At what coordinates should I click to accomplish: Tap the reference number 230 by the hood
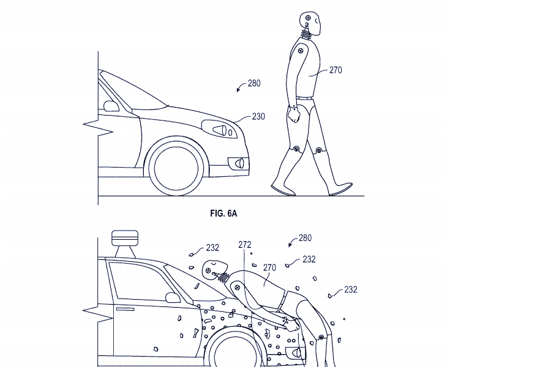click(258, 116)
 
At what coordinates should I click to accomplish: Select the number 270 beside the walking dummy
click(335, 70)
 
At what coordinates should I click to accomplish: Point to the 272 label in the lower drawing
click(245, 245)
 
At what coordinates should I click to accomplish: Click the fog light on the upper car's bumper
click(238, 163)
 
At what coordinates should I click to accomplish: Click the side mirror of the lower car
click(172, 298)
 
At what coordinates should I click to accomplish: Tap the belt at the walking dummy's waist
click(304, 97)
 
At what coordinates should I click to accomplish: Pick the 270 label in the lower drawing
click(269, 267)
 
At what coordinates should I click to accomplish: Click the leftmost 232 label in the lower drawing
click(212, 248)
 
